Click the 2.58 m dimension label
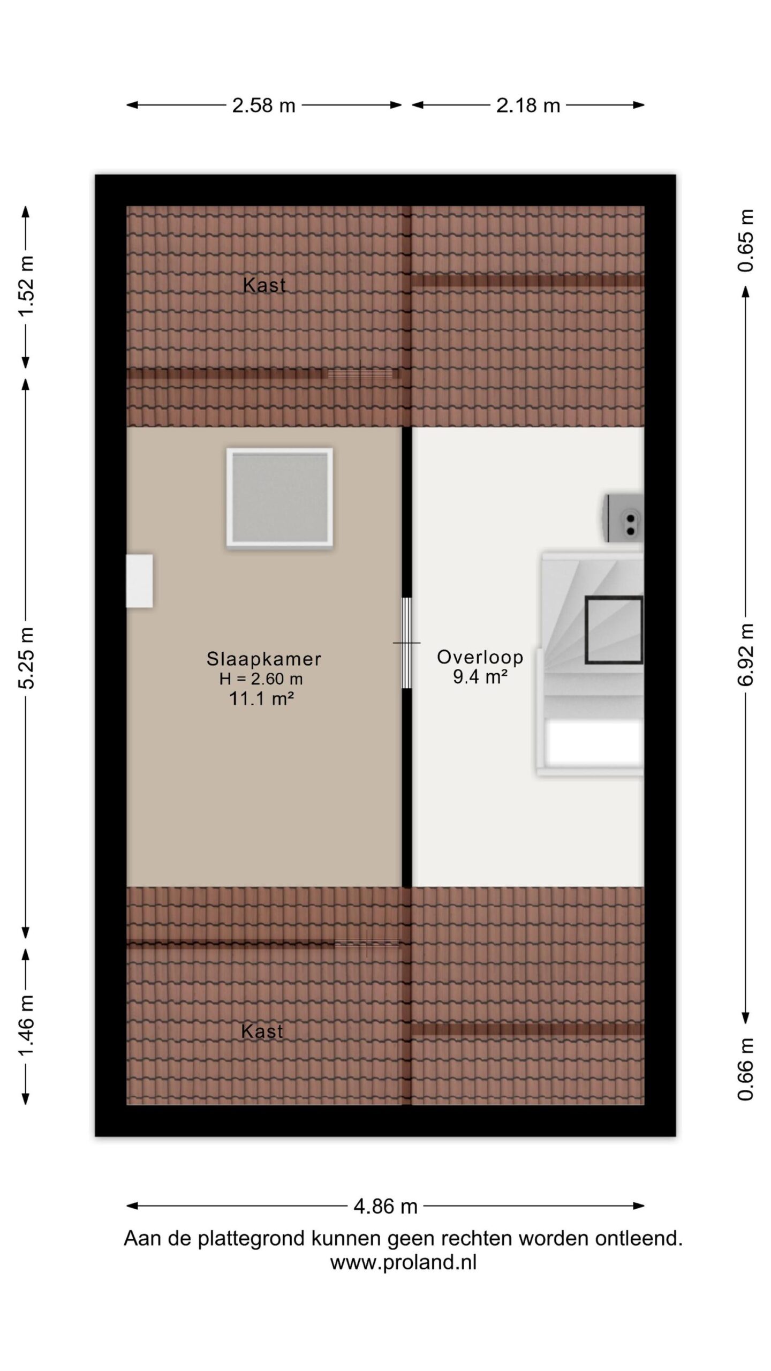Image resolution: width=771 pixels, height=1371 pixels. click(263, 106)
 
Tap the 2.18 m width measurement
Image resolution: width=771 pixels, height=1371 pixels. click(528, 106)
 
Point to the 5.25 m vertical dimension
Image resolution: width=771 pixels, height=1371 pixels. click(27, 657)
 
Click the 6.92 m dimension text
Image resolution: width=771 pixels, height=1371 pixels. click(745, 654)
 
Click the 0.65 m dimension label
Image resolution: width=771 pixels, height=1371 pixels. click(745, 240)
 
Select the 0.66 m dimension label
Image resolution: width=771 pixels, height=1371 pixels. click(745, 1069)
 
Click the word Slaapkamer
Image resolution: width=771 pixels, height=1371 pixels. click(264, 659)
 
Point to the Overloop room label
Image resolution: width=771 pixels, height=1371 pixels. click(480, 657)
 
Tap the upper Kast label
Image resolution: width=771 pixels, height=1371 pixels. click(264, 285)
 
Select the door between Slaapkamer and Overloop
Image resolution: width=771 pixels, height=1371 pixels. click(407, 643)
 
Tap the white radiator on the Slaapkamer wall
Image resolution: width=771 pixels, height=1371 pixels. click(139, 581)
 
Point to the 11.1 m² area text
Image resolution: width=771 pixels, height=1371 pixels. click(262, 698)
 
